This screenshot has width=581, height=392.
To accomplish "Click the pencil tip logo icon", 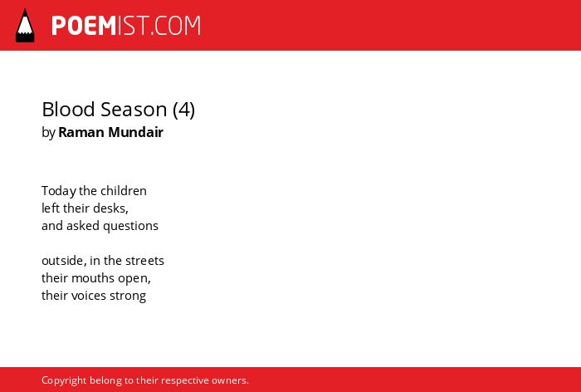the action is tap(25, 25).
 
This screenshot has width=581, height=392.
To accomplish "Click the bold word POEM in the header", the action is tap(84, 26).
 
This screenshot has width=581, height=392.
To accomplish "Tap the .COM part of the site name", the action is tap(176, 26).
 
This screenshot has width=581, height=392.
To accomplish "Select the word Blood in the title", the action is tap(68, 110).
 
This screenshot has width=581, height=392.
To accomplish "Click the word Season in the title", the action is tap(134, 110).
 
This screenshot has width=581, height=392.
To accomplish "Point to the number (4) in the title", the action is tap(183, 110).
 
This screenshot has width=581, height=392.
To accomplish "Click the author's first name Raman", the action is tap(81, 132).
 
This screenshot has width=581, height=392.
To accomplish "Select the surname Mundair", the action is tap(135, 132).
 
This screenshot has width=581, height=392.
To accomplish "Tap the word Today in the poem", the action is tap(59, 191).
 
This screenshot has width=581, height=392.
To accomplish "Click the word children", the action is tap(124, 191).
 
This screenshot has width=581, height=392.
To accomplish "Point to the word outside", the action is tap(62, 261).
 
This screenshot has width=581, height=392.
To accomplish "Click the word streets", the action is tap(145, 261).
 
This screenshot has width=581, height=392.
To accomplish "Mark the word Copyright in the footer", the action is tap(64, 381).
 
